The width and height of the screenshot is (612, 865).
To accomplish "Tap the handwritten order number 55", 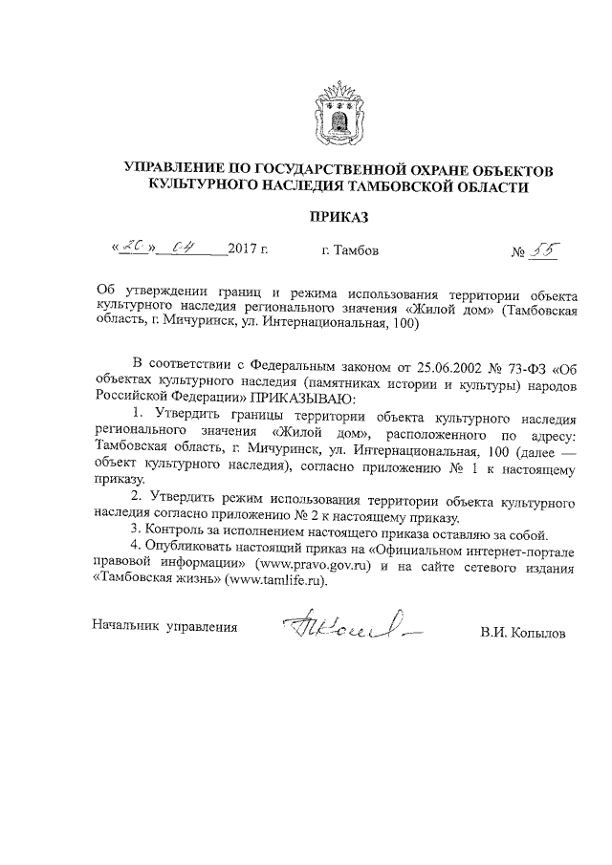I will tap(546, 251).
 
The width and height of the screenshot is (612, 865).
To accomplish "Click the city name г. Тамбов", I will tap(349, 251).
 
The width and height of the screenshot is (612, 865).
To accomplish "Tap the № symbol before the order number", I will tap(521, 253).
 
